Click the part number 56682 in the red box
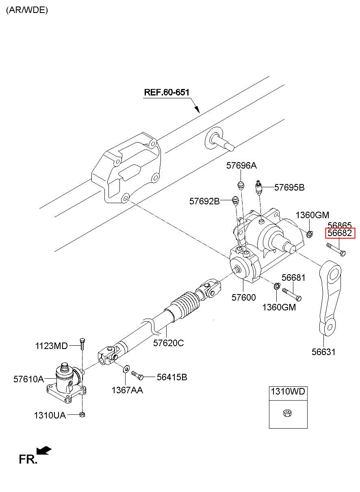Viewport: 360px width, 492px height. (x=340, y=233)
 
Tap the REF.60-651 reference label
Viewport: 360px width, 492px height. (x=167, y=92)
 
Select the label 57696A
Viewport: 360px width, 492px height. (x=241, y=165)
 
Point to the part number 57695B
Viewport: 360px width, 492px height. (x=289, y=187)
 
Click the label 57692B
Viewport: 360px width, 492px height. (x=204, y=201)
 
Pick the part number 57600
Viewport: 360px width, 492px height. (x=243, y=298)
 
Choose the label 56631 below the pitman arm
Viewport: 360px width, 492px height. (x=323, y=352)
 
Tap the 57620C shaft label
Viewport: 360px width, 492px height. (x=169, y=343)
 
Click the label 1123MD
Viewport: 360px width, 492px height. (x=51, y=346)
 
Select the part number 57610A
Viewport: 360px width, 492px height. (x=28, y=379)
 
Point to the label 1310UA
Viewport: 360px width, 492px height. (x=50, y=415)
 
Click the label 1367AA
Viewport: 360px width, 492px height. (x=128, y=390)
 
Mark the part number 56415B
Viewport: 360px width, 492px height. (x=172, y=377)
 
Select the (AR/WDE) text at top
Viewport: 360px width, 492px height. (x=27, y=10)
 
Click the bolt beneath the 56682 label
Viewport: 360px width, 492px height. (x=336, y=249)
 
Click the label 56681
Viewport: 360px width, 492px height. (x=293, y=277)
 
